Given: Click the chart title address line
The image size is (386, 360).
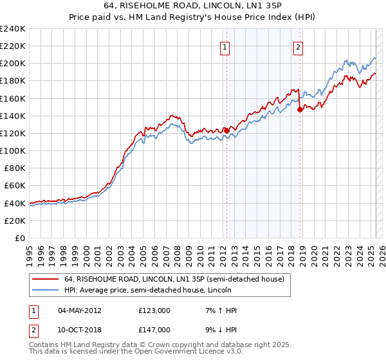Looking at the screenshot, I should (192, 5).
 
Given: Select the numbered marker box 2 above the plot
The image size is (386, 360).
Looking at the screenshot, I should (299, 46).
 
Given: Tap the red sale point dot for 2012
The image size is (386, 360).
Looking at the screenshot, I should (226, 130).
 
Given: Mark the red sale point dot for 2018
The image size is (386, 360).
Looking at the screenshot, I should (300, 109).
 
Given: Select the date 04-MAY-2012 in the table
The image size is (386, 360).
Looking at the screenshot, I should (80, 310).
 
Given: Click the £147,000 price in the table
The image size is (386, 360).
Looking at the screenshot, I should (154, 329).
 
